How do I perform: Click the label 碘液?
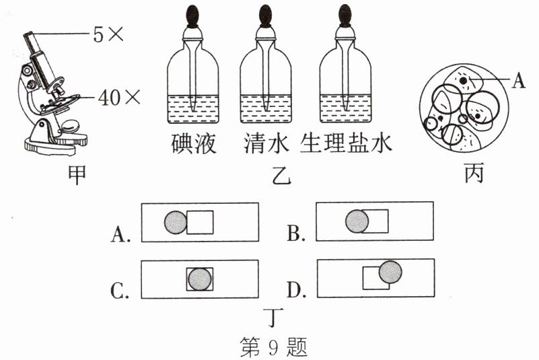click(x=193, y=143)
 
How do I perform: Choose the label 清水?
click(x=264, y=143)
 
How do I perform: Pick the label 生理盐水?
click(x=346, y=143)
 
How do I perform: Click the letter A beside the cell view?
click(x=517, y=81)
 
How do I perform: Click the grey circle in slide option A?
click(x=176, y=222)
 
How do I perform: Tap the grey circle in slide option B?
click(x=357, y=221)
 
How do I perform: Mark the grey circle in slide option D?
click(x=390, y=272)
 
